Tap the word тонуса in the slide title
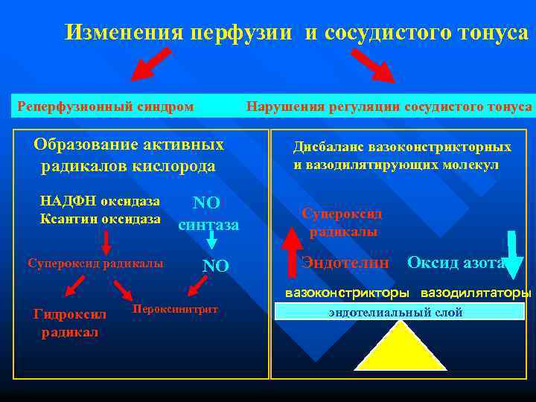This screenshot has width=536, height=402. coord(491,33)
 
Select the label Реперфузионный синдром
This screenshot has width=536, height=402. coord(105,106)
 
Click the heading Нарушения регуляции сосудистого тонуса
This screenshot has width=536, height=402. coord(389,106)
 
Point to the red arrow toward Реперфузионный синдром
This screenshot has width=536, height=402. coord(151,65)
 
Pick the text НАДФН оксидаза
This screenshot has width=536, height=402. coord(100,202)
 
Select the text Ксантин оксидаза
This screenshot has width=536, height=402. coord(100,219)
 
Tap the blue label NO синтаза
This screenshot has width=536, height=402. coord(208,213)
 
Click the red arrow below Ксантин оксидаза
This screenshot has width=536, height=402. coord(106,242)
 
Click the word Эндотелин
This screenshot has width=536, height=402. coord(345,262)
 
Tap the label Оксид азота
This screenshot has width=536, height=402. coord(456,262)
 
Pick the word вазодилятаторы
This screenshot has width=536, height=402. coord(476,293)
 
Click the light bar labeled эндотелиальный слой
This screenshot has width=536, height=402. coord(400,312)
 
